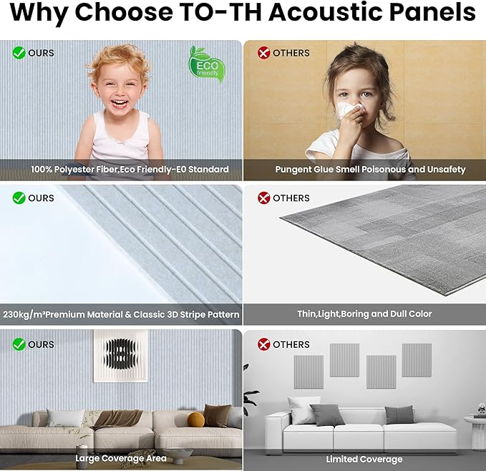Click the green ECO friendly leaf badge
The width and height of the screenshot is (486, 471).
[x=207, y=64]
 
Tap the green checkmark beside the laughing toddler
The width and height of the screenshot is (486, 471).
[x=19, y=52]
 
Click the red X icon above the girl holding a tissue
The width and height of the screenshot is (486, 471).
[x=263, y=52]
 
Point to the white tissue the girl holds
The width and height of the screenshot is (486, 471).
[x=348, y=111]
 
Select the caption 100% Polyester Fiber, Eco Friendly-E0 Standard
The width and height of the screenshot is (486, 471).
[x=130, y=170]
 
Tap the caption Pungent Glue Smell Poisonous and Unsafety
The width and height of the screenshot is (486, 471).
[x=370, y=170]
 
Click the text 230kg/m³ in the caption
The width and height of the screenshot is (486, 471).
[x=24, y=314]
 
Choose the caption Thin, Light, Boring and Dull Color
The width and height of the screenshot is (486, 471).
[x=364, y=314]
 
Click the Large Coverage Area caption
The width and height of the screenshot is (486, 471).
[x=121, y=458]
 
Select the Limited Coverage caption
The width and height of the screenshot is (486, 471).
[x=364, y=459]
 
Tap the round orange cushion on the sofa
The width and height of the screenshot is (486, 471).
[x=195, y=420]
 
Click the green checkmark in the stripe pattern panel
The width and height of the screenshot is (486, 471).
[x=19, y=198]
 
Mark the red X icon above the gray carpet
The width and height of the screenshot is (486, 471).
[x=263, y=198]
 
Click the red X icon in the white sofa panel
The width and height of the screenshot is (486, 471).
[x=263, y=344]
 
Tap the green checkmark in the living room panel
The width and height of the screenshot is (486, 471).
[x=19, y=344]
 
